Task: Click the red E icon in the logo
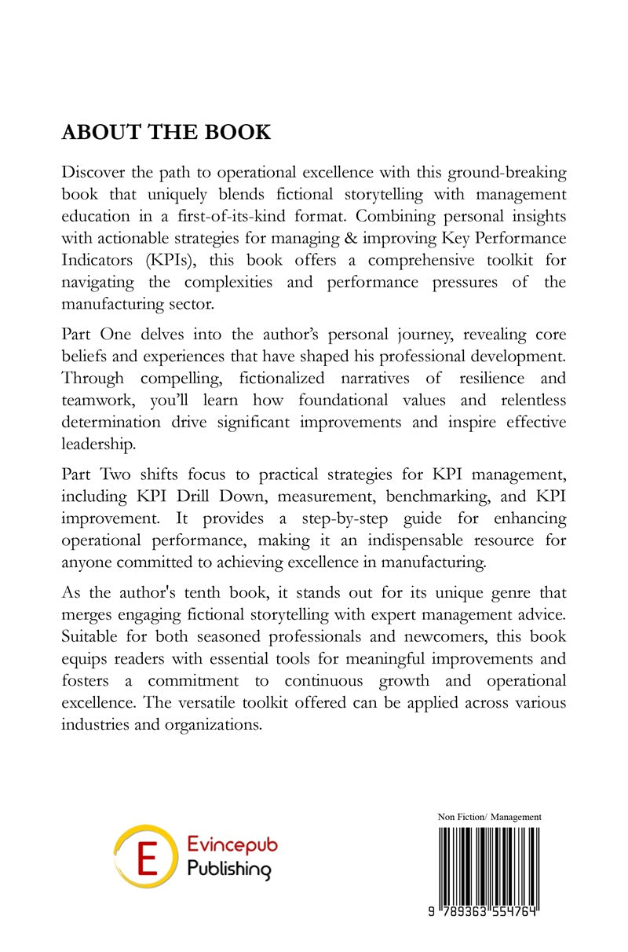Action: [143, 855]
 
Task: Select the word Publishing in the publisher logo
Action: [228, 870]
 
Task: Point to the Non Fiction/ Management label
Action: [490, 818]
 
